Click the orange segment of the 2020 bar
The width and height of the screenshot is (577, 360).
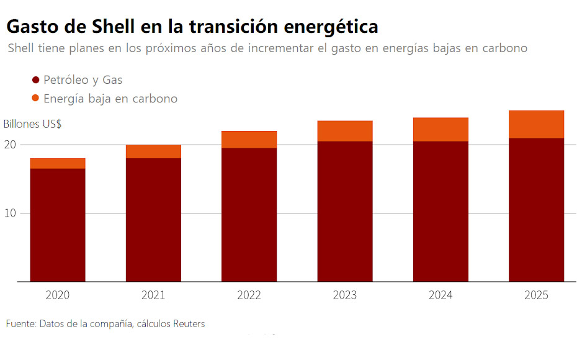tap(58, 163)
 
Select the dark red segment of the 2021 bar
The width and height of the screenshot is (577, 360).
tap(153, 220)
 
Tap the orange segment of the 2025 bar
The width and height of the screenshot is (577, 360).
tap(536, 124)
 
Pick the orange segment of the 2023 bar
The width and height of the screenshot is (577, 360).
tap(345, 131)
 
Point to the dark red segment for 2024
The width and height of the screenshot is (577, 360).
tap(441, 211)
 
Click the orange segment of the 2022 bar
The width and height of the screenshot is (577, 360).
tap(249, 140)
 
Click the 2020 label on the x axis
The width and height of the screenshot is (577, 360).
tap(58, 295)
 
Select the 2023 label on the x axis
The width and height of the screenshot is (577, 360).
tap(345, 295)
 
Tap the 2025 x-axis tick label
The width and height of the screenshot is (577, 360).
tap(536, 295)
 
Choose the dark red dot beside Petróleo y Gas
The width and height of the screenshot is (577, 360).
tap(35, 80)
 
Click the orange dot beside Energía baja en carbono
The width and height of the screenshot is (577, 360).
tap(35, 98)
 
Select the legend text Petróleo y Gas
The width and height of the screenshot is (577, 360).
tap(83, 80)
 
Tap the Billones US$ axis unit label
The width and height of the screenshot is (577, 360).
tap(32, 124)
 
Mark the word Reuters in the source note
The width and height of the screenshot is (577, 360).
tap(188, 324)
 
